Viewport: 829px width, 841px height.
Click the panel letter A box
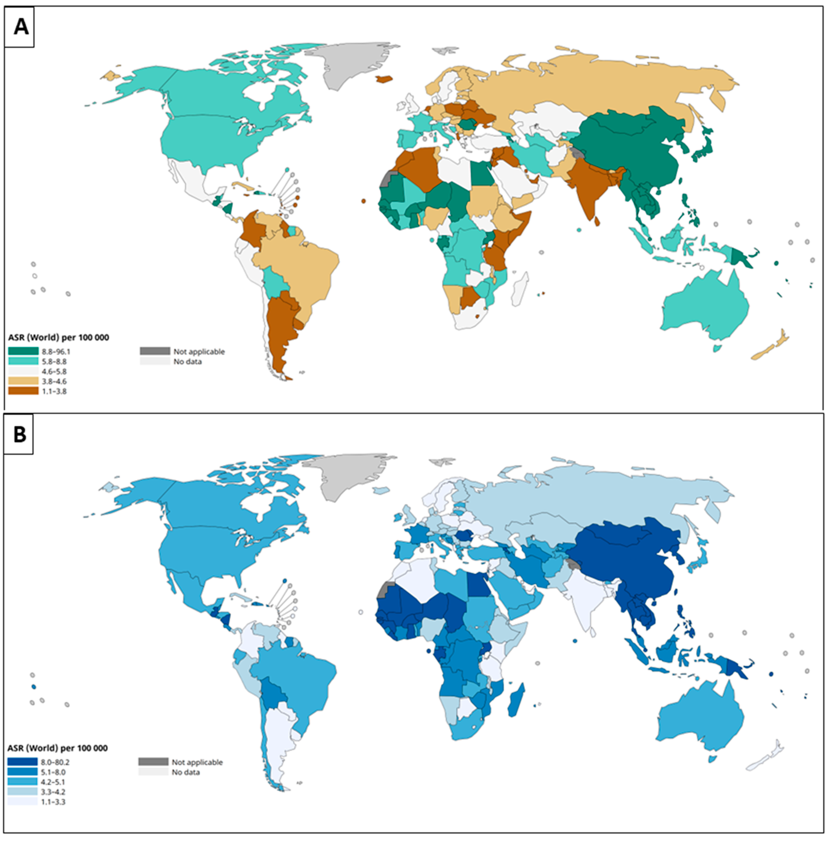(20, 27)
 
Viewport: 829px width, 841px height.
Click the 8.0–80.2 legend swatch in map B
(22, 762)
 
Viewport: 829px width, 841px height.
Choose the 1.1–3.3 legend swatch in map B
(22, 801)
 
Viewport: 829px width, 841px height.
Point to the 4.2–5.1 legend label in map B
(53, 782)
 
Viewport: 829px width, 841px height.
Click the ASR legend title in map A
(59, 337)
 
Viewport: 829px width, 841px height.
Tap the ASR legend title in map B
(58, 748)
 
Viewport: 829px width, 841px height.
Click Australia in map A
(705, 305)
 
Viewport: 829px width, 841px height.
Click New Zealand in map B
(766, 757)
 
